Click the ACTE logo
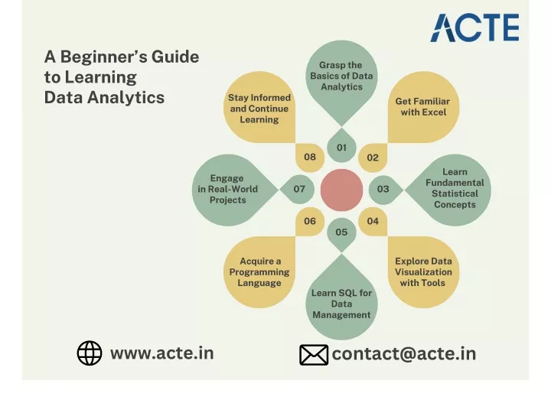(474, 28)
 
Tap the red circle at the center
(341, 190)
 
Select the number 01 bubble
(341, 146)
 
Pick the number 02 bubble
(373, 158)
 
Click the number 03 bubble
(385, 190)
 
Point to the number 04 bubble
(373, 221)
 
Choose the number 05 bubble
(341, 233)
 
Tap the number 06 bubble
(310, 221)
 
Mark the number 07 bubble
(298, 190)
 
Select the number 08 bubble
(310, 158)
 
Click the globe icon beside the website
(90, 353)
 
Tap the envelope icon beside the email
(314, 355)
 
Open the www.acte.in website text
(162, 353)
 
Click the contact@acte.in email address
(404, 354)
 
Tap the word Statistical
(455, 193)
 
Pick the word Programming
(259, 272)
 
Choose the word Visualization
(423, 272)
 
